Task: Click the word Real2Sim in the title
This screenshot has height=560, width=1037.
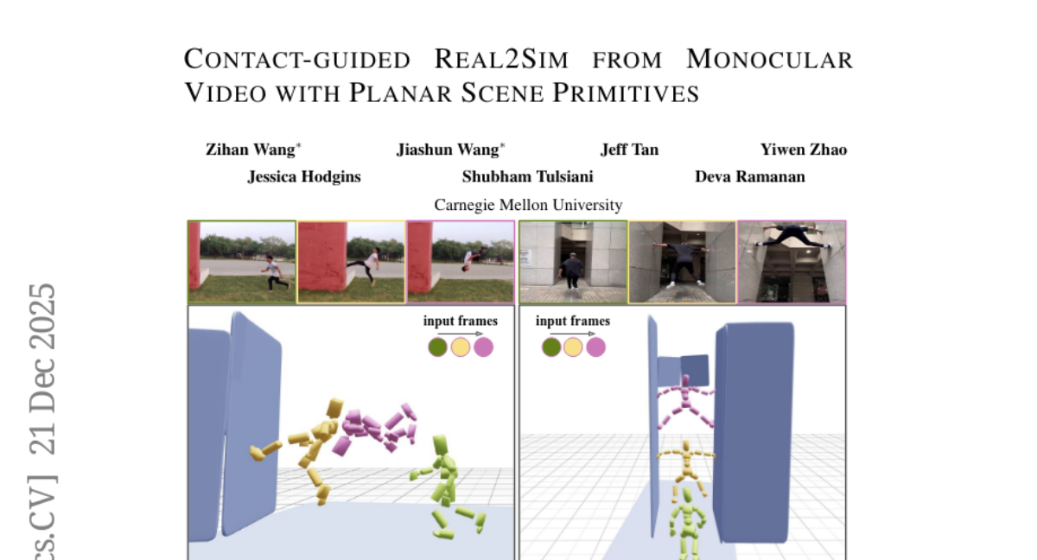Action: click(x=501, y=60)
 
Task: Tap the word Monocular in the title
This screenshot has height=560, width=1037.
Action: click(x=769, y=60)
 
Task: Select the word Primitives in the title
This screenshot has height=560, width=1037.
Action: click(x=626, y=92)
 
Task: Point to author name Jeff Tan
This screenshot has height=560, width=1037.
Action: click(x=630, y=150)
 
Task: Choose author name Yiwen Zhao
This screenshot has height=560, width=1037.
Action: click(x=804, y=150)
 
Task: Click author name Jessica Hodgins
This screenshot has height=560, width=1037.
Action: click(x=304, y=177)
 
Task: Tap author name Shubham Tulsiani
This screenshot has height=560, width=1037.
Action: click(x=528, y=177)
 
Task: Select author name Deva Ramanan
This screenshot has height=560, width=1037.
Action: click(x=750, y=177)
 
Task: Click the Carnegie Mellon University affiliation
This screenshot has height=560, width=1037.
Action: click(x=528, y=205)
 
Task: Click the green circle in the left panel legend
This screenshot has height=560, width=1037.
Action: click(x=437, y=347)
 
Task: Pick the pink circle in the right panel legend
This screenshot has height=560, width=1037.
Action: click(x=595, y=347)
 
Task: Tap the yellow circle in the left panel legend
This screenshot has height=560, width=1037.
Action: click(x=461, y=347)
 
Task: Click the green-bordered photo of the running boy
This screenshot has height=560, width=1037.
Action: click(x=242, y=262)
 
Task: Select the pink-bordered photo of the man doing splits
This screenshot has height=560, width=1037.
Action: click(x=792, y=262)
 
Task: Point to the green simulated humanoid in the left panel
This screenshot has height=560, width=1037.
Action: click(x=447, y=486)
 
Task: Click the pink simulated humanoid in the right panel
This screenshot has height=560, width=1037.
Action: click(x=686, y=404)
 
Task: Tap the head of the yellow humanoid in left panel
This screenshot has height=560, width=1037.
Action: click(x=334, y=408)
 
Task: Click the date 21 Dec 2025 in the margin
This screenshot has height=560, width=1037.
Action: click(x=42, y=369)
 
